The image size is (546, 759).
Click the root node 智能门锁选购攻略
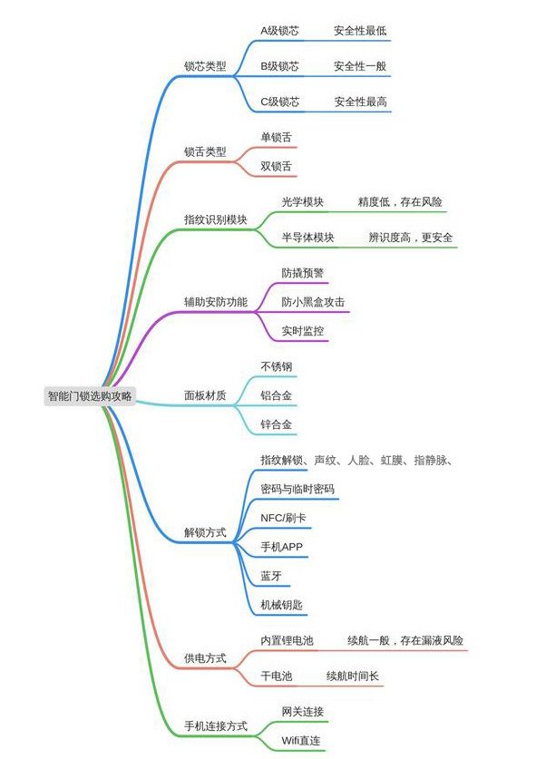(90, 396)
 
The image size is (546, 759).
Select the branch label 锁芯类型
(205, 66)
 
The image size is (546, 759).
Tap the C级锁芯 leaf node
(279, 102)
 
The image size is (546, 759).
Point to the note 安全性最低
(360, 31)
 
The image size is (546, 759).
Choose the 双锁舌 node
(277, 166)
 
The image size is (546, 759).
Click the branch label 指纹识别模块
(215, 219)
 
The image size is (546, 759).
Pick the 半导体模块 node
(307, 238)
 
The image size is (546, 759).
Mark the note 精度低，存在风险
(400, 202)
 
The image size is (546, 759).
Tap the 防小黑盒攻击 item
(313, 302)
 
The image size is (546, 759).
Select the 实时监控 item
(303, 331)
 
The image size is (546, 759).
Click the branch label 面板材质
(205, 395)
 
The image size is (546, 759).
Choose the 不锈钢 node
(277, 366)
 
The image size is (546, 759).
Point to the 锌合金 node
(277, 424)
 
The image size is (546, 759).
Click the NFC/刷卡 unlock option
(283, 518)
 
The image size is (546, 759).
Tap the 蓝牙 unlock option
(271, 576)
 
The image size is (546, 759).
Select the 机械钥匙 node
(281, 605)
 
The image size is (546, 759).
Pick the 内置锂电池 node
(287, 640)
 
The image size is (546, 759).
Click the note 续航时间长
(353, 676)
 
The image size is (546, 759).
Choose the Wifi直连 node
(300, 741)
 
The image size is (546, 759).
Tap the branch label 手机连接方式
(215, 726)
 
